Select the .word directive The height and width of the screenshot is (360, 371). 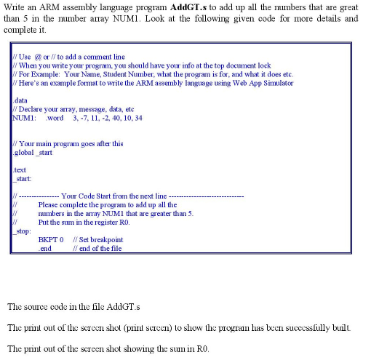tap(55, 118)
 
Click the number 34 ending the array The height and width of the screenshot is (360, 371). tap(138, 118)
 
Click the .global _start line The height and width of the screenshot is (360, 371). tap(33, 153)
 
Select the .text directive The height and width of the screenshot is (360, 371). tap(20, 170)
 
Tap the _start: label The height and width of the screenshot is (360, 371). tap(23, 179)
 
